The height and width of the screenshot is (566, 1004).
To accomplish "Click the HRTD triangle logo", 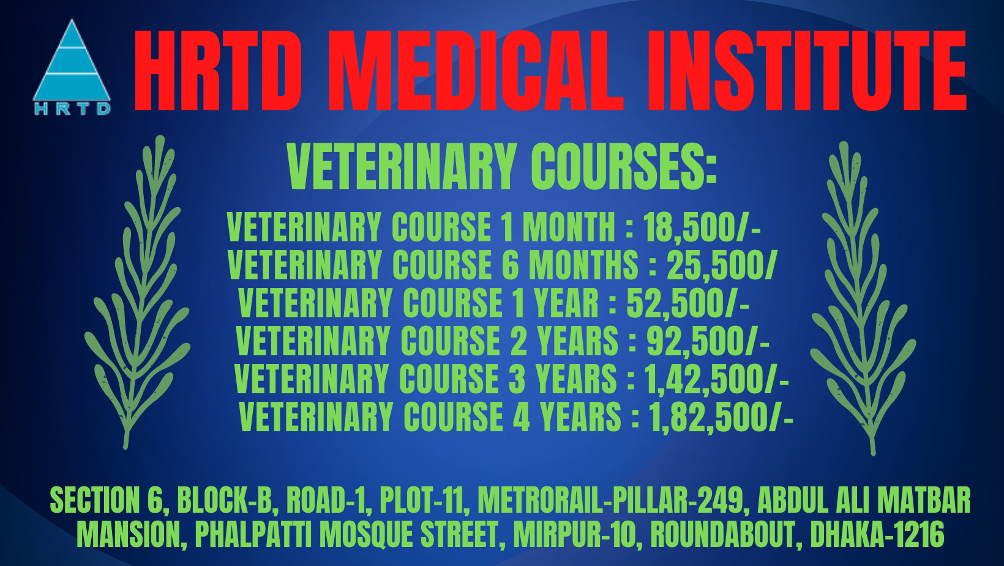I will click(x=72, y=64).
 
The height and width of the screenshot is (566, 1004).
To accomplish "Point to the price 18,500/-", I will click(x=702, y=227).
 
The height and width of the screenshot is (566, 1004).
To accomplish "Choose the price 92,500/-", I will click(x=708, y=341).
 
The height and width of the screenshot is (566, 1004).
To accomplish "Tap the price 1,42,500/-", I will click(x=716, y=379).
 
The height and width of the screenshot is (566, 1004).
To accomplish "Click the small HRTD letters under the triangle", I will click(x=72, y=109).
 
